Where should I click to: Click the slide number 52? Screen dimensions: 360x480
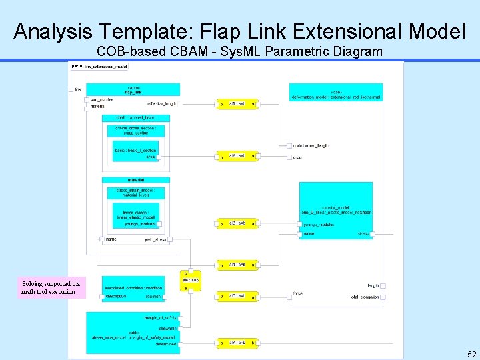click(x=472, y=354)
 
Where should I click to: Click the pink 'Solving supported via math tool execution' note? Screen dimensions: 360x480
click(x=51, y=287)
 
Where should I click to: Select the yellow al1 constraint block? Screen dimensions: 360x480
click(x=237, y=105)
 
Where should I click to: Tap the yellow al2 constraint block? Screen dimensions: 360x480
click(x=237, y=156)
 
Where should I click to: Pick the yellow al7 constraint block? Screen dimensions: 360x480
click(x=237, y=343)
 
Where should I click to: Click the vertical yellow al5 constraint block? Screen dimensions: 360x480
click(x=191, y=281)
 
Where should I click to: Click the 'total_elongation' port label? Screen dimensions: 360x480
click(x=364, y=297)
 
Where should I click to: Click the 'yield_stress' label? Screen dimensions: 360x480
click(x=155, y=239)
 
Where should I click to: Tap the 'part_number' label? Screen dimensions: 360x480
click(x=102, y=100)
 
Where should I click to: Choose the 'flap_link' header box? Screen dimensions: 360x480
click(x=133, y=89)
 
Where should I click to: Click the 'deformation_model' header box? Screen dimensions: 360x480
click(x=337, y=94)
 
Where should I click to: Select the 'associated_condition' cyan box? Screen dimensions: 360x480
click(x=133, y=291)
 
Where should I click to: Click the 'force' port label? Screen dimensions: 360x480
click(x=297, y=293)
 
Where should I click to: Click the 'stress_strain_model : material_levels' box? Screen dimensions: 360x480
click(x=135, y=192)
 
